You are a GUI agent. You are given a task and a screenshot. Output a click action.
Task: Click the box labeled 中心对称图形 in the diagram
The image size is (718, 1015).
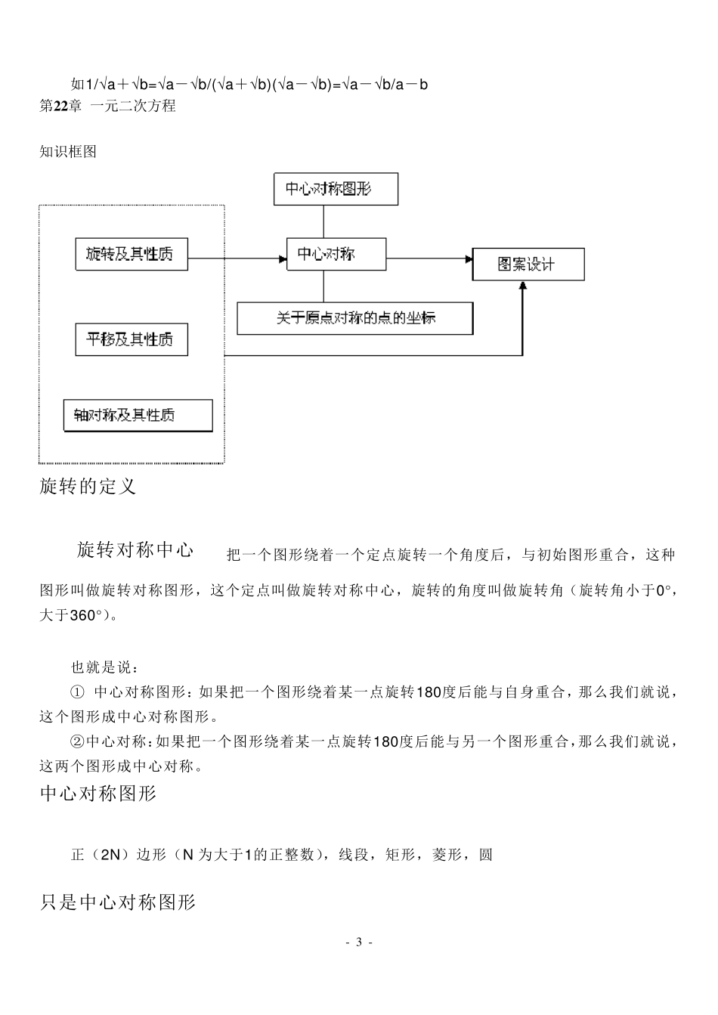click(x=335, y=188)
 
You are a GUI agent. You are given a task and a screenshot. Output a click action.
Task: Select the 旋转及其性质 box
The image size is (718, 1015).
click(x=132, y=254)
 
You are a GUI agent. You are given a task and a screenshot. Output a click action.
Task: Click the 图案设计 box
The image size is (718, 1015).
click(x=528, y=265)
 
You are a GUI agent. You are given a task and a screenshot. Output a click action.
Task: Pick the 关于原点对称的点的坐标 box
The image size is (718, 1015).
click(x=355, y=318)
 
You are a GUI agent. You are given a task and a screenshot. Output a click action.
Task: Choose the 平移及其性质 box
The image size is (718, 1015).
click(x=132, y=339)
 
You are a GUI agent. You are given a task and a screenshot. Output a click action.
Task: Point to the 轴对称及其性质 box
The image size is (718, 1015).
click(x=138, y=415)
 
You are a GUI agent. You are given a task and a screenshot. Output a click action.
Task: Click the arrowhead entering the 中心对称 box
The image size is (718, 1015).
click(x=283, y=259)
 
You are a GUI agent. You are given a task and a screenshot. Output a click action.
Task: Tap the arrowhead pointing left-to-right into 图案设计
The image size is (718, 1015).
click(x=468, y=259)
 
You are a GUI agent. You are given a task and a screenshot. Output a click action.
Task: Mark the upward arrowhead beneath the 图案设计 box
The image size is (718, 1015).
click(x=522, y=286)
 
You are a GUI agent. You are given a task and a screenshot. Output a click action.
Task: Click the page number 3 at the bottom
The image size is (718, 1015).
click(x=359, y=942)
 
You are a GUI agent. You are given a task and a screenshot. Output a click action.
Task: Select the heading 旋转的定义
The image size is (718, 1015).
click(x=88, y=486)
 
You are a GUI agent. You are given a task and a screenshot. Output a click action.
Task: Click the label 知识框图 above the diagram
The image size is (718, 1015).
click(x=68, y=151)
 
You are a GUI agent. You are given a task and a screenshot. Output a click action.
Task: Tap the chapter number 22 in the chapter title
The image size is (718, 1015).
click(x=62, y=106)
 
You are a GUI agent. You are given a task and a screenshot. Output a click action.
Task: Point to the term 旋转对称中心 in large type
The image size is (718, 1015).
click(x=135, y=549)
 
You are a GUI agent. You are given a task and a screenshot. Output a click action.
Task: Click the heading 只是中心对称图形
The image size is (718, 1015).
click(x=118, y=902)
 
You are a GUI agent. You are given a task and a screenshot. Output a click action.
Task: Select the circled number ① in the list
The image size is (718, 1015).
click(x=77, y=692)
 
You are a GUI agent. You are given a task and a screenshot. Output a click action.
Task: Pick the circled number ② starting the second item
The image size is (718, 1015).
click(x=77, y=742)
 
